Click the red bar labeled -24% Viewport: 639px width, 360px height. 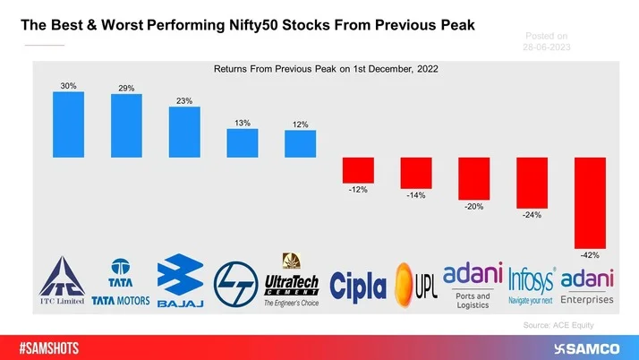click(x=532, y=182)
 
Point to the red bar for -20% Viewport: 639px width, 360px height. click(x=474, y=178)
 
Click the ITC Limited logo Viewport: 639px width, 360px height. click(x=62, y=281)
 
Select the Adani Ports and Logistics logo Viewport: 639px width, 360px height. click(x=473, y=282)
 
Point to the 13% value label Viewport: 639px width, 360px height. click(x=242, y=122)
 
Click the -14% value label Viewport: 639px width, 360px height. click(x=416, y=194)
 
